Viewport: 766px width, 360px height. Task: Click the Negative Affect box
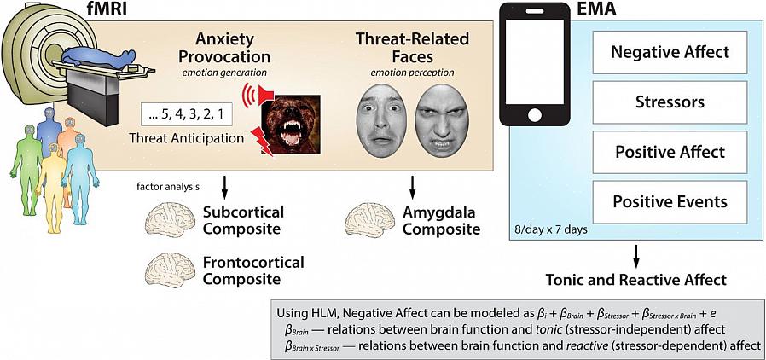click(670, 51)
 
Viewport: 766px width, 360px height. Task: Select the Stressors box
click(670, 102)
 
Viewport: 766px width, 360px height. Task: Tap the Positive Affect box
click(670, 152)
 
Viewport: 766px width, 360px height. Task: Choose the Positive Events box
click(670, 202)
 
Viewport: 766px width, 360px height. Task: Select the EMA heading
click(608, 10)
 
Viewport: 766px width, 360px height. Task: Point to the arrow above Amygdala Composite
click(414, 186)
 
